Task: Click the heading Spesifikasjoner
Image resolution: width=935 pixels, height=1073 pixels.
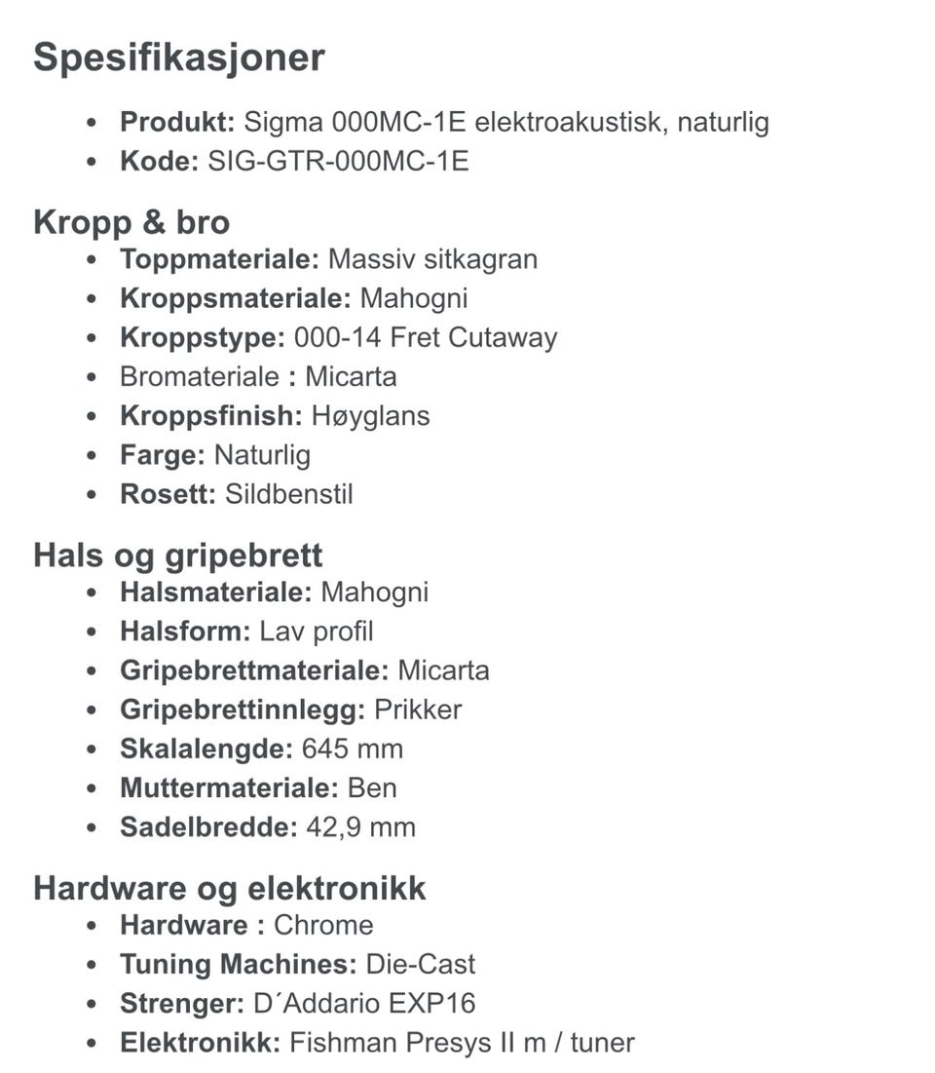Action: [x=179, y=57]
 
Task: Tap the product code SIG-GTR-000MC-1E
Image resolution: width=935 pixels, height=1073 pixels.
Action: [x=338, y=161]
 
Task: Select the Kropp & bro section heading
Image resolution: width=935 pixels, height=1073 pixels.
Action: [x=131, y=222]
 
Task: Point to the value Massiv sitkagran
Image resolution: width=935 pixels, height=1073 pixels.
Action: [x=432, y=259]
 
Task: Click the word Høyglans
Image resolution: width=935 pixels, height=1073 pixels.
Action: [x=370, y=416]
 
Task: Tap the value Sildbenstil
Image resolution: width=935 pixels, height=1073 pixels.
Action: [x=288, y=494]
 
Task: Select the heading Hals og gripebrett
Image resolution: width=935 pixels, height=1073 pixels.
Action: [x=178, y=556]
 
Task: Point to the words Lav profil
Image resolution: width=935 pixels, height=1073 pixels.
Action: [x=316, y=632]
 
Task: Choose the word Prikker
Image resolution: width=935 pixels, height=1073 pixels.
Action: [x=418, y=709]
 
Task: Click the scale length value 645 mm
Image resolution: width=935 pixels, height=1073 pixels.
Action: [x=352, y=748]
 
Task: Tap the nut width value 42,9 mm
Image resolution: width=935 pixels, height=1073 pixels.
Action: [x=360, y=827]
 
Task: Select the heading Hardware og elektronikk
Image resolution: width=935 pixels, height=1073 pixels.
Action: [x=230, y=889]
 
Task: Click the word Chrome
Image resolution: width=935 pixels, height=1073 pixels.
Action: [x=323, y=925]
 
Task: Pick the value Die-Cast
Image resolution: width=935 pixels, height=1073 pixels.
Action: [x=420, y=965]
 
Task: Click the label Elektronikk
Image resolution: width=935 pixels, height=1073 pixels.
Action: [x=200, y=1043]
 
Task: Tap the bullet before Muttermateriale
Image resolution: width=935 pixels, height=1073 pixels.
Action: [x=93, y=788]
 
